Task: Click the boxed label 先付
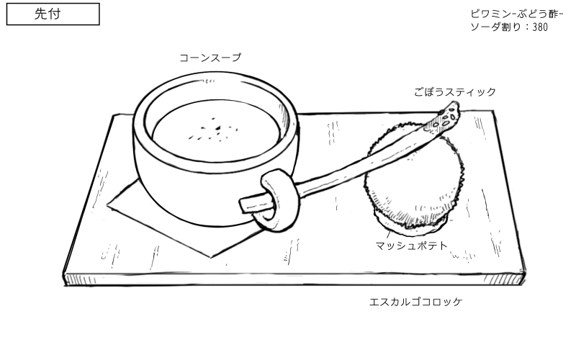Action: coord(53,14)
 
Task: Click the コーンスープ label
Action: coord(210,58)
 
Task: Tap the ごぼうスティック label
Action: coord(454,92)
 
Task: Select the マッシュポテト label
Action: coord(411,246)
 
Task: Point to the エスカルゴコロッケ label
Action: coord(415,302)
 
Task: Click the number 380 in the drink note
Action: coord(541,27)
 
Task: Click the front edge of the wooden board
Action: coord(288,278)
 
